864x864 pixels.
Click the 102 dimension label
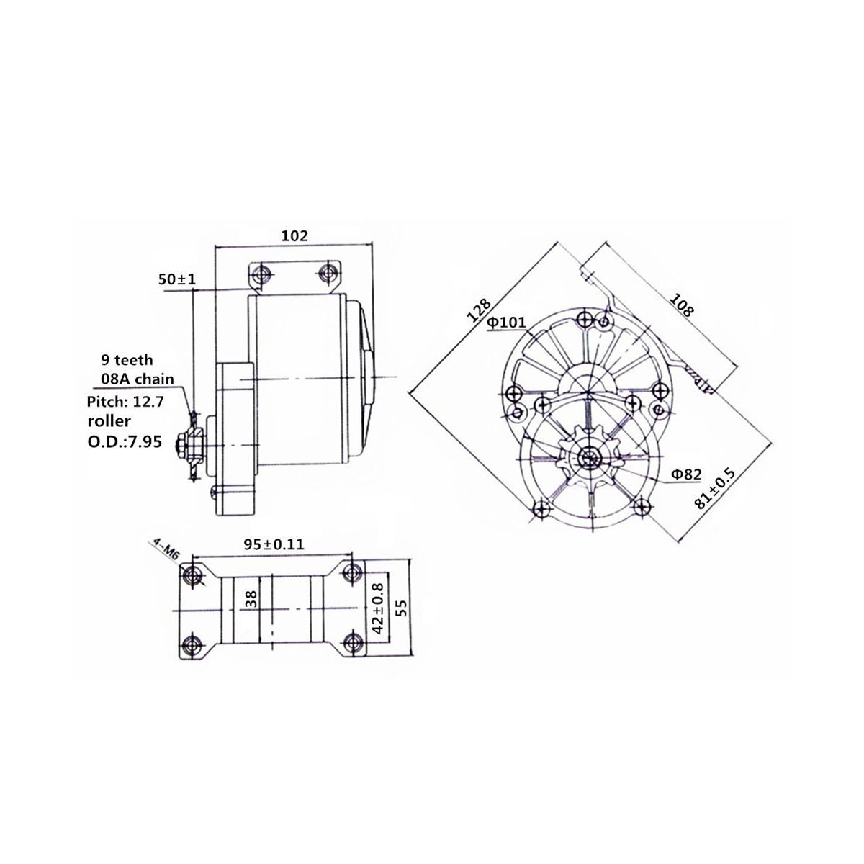click(x=294, y=235)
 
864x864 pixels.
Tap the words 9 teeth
click(x=126, y=360)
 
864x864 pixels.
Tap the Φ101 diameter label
click(x=507, y=323)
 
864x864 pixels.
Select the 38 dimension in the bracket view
click(x=250, y=599)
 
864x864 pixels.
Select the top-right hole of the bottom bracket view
click(x=351, y=573)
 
